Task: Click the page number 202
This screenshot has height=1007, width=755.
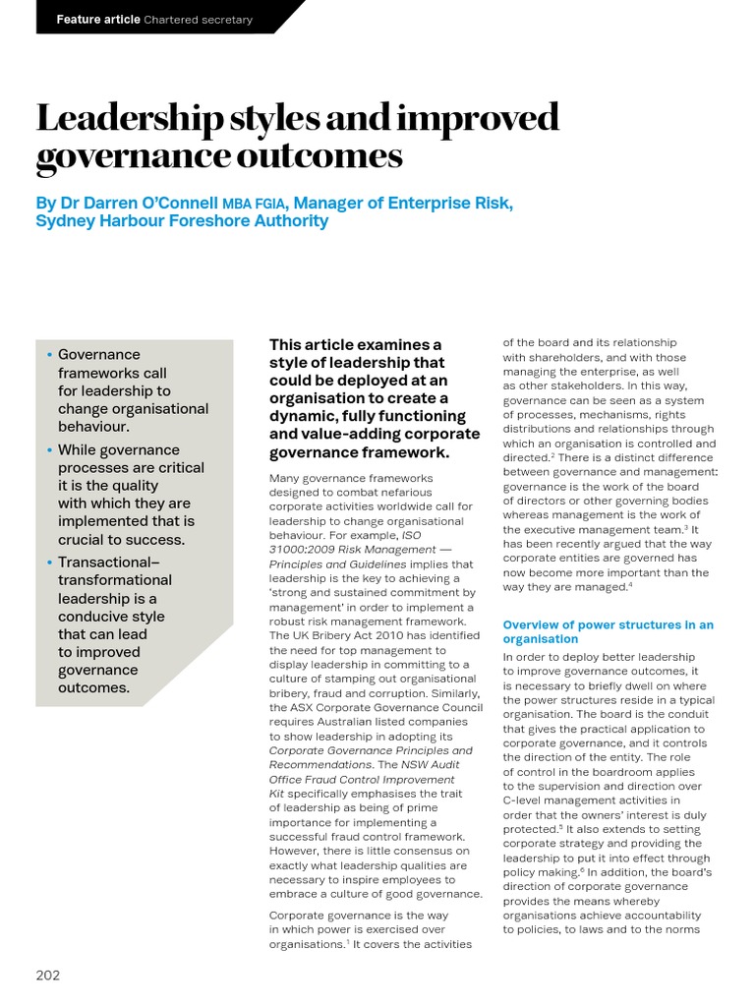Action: [48, 976]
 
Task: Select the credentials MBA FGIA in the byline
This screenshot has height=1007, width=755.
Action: [255, 205]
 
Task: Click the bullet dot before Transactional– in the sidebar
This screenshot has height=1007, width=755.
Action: [49, 562]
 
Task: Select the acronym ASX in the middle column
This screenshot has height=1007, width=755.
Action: [297, 707]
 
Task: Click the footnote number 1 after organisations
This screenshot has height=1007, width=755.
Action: [347, 941]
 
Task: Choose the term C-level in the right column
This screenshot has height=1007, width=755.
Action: [525, 800]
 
